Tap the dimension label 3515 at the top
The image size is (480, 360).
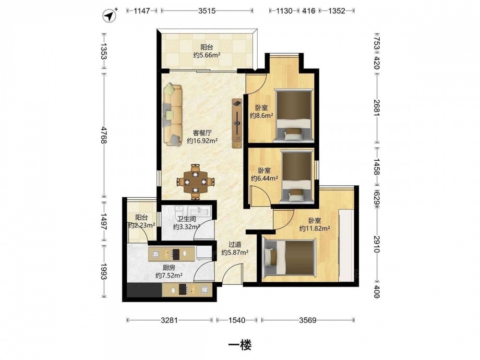[207, 11]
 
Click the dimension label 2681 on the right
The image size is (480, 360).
[377, 108]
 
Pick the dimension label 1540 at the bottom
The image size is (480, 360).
[237, 320]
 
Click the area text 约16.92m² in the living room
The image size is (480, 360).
[202, 141]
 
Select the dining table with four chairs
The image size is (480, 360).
[195, 182]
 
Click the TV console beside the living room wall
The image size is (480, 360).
[237, 123]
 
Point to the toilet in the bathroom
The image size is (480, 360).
[179, 212]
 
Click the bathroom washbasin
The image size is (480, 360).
[199, 211]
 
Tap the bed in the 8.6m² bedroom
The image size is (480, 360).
[294, 115]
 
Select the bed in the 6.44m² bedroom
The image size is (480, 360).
[296, 177]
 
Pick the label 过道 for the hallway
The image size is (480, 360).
[235, 245]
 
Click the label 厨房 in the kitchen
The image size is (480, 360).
[168, 267]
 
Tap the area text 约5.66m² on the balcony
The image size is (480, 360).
[207, 55]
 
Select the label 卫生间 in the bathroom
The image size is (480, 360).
[187, 219]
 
